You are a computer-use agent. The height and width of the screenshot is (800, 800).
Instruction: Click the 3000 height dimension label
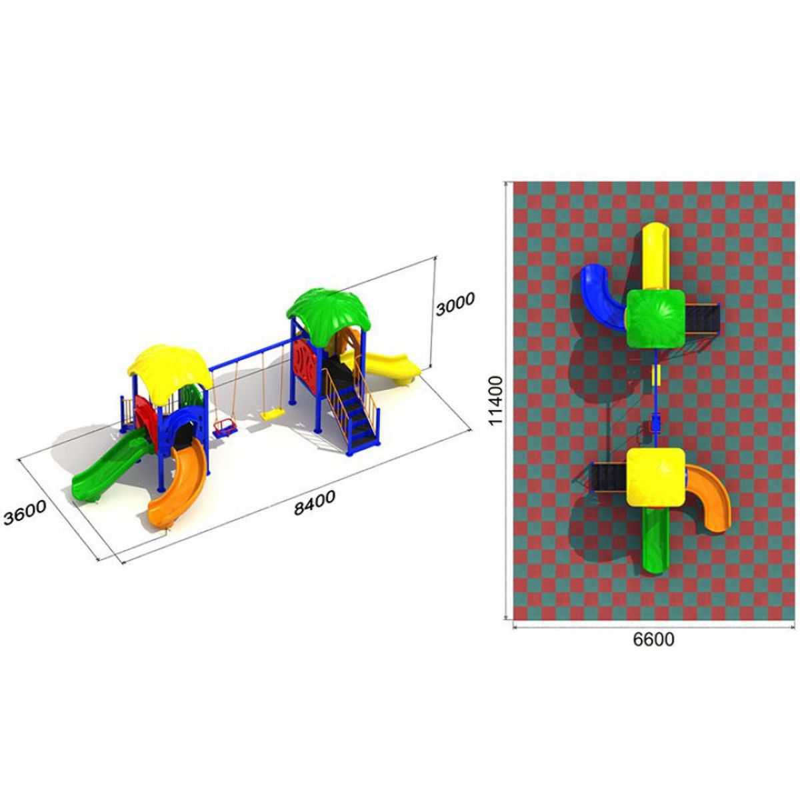pos(454,304)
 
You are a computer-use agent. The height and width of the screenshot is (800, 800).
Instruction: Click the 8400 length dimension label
pos(314,503)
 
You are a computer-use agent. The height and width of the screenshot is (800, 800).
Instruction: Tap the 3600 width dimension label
pos(25,512)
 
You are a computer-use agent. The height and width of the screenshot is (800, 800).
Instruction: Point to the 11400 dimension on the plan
pos(496,400)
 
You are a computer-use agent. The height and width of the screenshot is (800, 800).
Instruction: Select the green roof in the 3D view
pos(328,309)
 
